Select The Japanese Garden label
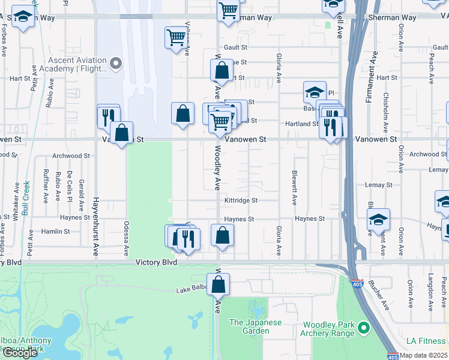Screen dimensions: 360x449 click(x=255, y=326)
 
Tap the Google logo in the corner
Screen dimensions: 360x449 click(x=19, y=353)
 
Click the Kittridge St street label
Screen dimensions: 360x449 click(x=241, y=200)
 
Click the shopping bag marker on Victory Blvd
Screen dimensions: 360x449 click(x=218, y=285)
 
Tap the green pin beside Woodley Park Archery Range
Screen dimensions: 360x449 click(x=363, y=328)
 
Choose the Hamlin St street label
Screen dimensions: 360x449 click(x=55, y=231)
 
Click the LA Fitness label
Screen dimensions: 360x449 click(x=426, y=341)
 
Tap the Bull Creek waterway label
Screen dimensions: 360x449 click(x=26, y=190)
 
